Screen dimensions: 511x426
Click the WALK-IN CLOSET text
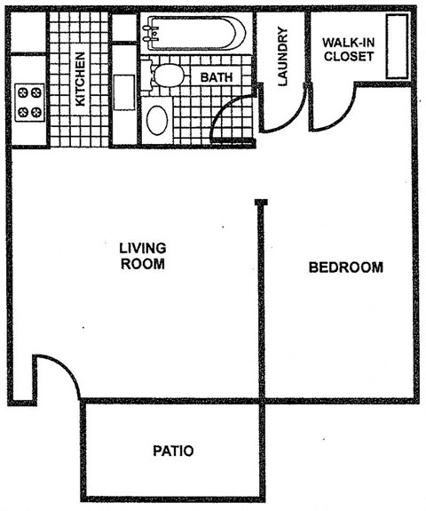(348, 50)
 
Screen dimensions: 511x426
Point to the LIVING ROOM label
(143, 256)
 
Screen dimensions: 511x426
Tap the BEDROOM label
(346, 267)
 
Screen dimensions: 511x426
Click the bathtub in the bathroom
(193, 35)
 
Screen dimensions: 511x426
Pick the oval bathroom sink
(157, 120)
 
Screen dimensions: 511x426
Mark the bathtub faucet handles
(149, 33)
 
